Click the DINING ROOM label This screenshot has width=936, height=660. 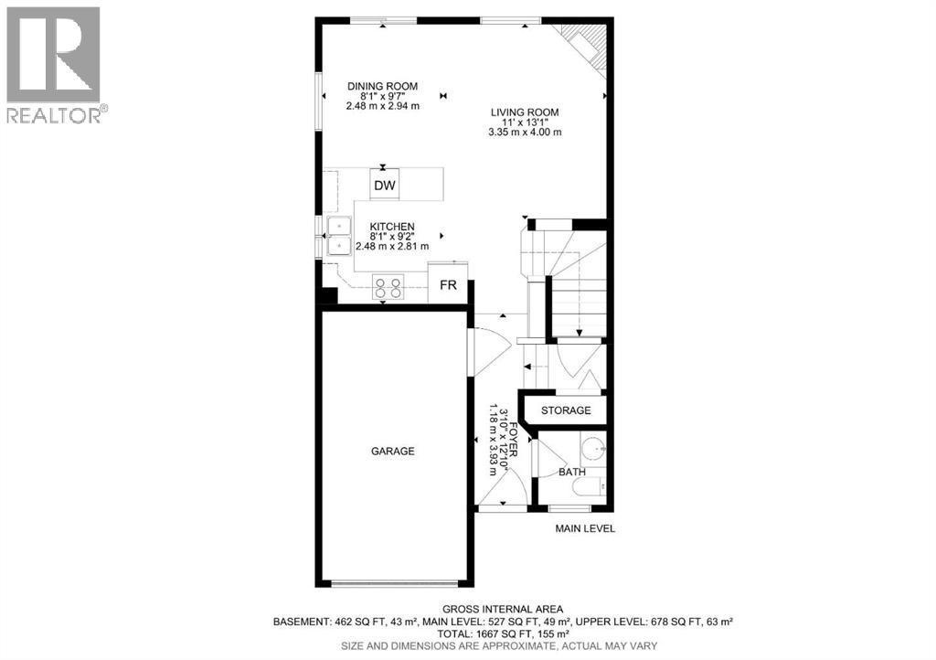coord(382,87)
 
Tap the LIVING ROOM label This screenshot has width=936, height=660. coord(525,112)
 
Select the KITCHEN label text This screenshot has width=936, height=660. coord(392,227)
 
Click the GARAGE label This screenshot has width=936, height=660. coord(392,451)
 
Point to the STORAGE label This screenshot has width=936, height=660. coord(566,410)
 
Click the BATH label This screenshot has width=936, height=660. coord(572,473)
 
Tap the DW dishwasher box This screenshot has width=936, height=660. coord(386,186)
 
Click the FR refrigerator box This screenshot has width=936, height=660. coord(448,285)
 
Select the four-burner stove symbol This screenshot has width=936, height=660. coord(388,289)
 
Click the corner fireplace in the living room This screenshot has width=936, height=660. coord(586,45)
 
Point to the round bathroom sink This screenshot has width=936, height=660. coord(593,449)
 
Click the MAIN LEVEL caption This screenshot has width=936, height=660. coord(586,528)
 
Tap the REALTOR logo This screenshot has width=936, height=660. coord(54,65)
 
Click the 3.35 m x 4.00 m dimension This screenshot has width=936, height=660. coord(525,133)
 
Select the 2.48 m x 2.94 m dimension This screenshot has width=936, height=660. coord(382,106)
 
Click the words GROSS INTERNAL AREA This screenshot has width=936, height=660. coord(503,609)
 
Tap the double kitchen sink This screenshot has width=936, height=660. coord(339,235)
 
